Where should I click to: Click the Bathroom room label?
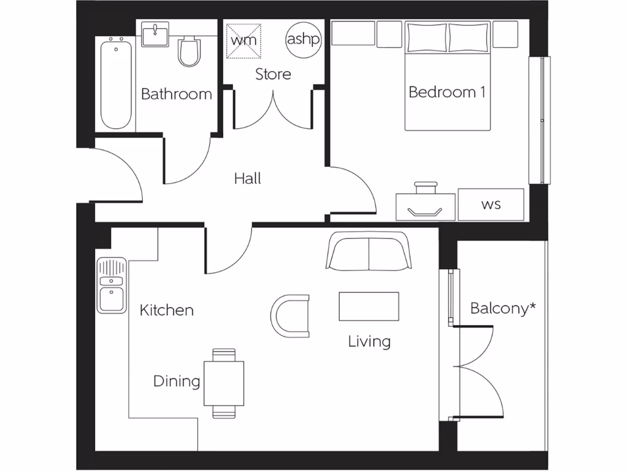pos(177,94)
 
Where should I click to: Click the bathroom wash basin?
pos(156,34)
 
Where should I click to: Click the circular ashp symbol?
pos(303,40)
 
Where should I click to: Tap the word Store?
pos(273,74)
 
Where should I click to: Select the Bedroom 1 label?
pos(447,92)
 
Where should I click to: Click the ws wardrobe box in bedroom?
pos(491,204)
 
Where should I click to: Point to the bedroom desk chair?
pos(426,187)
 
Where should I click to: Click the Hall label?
pos(248,178)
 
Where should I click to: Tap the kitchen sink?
pos(111,285)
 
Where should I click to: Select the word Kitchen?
pos(167,310)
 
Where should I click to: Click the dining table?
pos(224,383)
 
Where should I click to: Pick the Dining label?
pos(177,381)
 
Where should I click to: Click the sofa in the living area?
pos(369,251)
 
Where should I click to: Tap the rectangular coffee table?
pos(369,306)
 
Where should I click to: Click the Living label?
pos(369,342)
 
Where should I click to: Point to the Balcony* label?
pos(503,308)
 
